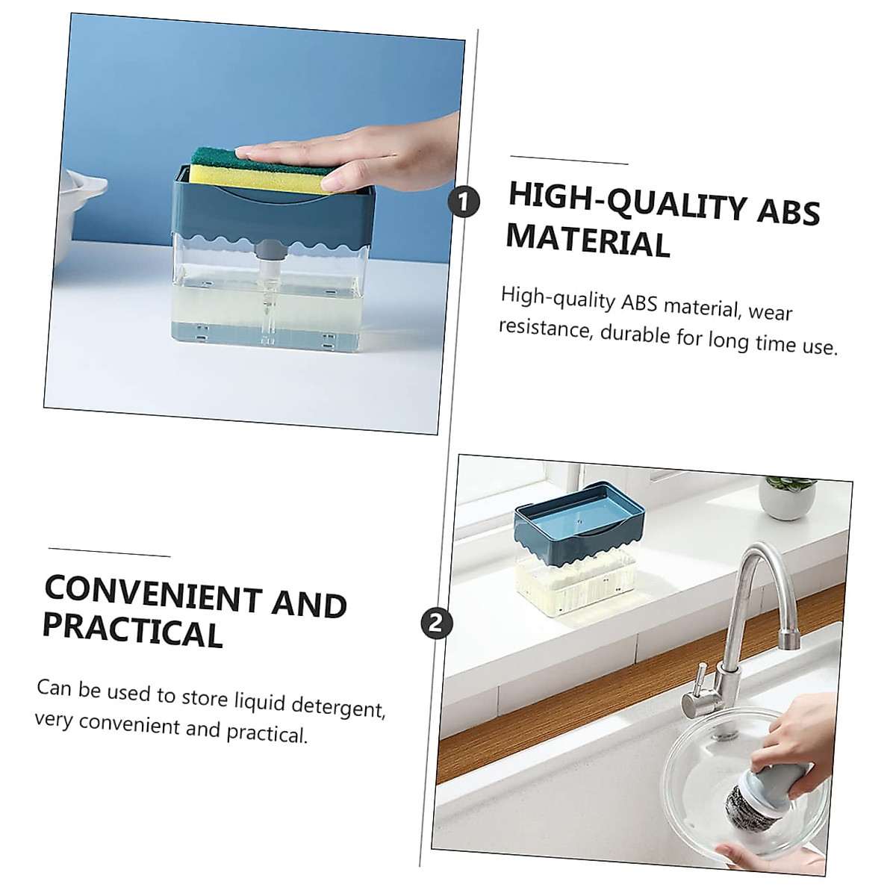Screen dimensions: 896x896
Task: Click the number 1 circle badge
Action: coord(464,201)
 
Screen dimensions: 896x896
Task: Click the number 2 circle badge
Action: coord(437,622)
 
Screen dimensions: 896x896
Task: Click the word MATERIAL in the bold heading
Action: coord(588,240)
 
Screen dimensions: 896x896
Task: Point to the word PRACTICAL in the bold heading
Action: coord(133,629)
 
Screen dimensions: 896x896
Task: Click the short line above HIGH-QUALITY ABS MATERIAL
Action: coord(569,160)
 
